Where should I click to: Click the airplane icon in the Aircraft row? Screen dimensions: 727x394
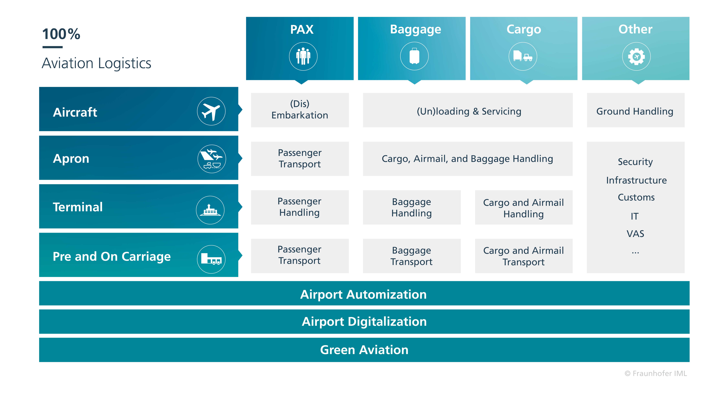point(211,111)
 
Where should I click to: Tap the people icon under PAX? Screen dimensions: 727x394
point(303,56)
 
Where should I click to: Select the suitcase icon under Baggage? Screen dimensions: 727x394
point(414,56)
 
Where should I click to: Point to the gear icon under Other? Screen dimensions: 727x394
point(636,56)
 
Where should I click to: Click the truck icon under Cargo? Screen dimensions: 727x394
point(523,56)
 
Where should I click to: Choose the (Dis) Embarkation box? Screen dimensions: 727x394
point(300,110)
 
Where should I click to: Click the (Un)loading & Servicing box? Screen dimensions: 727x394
point(468,110)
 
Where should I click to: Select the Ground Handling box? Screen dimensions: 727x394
point(636,110)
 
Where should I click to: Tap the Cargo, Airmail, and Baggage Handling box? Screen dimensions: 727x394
point(468,159)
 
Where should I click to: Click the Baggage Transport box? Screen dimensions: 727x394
point(412,256)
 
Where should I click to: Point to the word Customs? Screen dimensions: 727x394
point(636,197)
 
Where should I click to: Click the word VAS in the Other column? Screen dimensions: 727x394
point(635,234)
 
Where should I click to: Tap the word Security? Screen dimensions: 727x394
point(635,162)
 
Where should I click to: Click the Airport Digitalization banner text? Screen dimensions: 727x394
point(364,322)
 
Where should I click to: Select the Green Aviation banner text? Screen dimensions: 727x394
point(364,350)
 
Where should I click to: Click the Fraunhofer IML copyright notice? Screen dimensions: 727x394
point(656,373)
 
